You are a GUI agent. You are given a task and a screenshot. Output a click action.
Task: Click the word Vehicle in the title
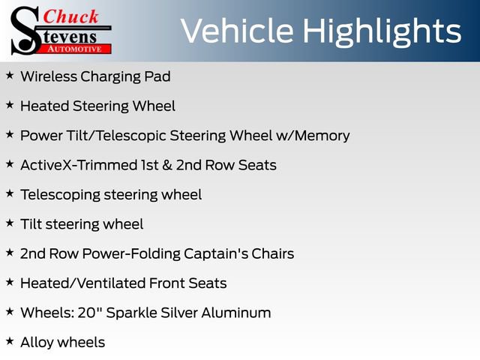click(237, 30)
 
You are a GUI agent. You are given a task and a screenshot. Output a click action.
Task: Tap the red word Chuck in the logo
click(70, 16)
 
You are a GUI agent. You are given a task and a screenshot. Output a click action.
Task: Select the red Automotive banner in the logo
click(76, 49)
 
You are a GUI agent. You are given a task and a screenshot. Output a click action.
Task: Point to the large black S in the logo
click(25, 31)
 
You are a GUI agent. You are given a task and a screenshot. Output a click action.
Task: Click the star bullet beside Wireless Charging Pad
click(10, 75)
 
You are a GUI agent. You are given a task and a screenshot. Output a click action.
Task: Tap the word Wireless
click(49, 76)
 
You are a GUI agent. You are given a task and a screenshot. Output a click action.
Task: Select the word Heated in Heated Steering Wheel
click(44, 106)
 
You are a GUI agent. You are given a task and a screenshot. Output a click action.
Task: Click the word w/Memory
click(313, 136)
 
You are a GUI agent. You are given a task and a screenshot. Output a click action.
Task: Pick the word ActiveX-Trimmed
click(79, 165)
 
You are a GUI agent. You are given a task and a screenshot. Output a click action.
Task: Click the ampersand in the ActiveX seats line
click(167, 165)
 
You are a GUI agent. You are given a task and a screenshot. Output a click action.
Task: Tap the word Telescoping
click(60, 195)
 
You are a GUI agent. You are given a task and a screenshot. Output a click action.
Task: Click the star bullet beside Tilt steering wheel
click(10, 223)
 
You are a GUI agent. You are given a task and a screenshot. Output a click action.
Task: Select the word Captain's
click(216, 253)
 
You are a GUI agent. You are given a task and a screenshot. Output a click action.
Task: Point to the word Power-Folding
click(131, 253)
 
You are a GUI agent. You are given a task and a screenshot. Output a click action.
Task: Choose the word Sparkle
click(132, 313)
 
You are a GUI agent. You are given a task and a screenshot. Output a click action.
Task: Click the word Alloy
click(37, 343)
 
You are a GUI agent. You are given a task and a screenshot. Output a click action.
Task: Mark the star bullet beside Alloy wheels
click(10, 341)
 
